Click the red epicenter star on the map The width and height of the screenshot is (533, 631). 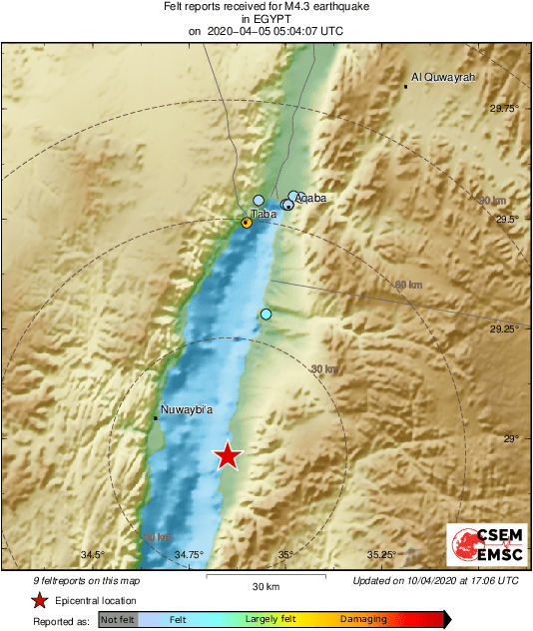point(228,456)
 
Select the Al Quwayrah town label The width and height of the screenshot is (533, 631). point(444,77)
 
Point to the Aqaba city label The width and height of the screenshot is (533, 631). point(310,199)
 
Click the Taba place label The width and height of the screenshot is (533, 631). point(263,214)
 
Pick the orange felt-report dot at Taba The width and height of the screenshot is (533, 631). point(247,223)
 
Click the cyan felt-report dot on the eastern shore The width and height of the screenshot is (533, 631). point(266,315)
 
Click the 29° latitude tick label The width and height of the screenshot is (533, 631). point(510,438)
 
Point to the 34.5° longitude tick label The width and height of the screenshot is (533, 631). point(93,555)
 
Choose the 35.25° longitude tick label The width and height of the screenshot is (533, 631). point(382,555)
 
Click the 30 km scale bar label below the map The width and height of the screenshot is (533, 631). point(265,586)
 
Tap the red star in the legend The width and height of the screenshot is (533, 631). point(40,600)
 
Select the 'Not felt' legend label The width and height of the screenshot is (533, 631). point(118,620)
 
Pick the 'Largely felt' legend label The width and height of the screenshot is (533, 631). point(267,620)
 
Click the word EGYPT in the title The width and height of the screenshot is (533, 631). point(265,18)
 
